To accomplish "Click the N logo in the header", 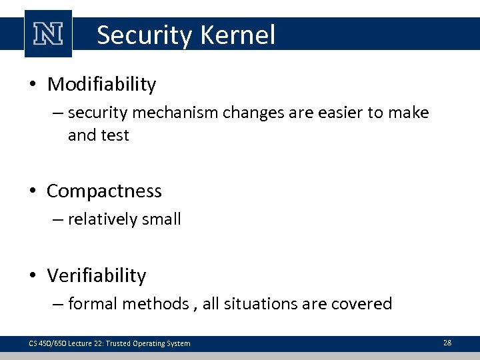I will pyautogui.click(x=48, y=34).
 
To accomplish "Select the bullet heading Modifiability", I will pyautogui.click(x=102, y=85).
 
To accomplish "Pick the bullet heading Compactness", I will pyautogui.click(x=104, y=191).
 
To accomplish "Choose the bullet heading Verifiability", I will pyautogui.click(x=97, y=275).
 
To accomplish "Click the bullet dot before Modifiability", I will pyautogui.click(x=33, y=85).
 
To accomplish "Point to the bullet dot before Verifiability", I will pyautogui.click(x=33, y=276).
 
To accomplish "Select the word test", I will pyautogui.click(x=114, y=135).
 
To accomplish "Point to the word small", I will pyautogui.click(x=161, y=219).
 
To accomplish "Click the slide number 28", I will pyautogui.click(x=447, y=343).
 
